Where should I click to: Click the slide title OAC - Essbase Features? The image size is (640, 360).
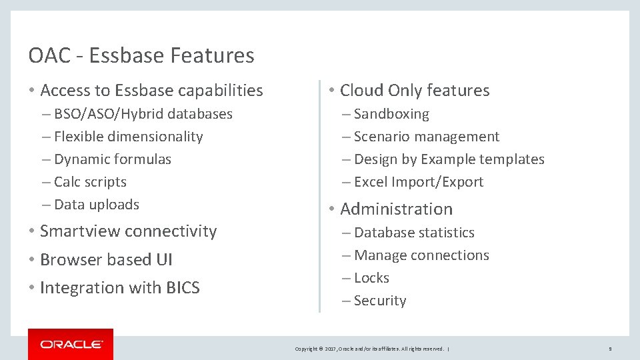coord(141,55)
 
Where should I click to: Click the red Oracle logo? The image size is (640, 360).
coord(71,344)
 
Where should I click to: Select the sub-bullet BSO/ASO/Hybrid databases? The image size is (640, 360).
coord(143,114)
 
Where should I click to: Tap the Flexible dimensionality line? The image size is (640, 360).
coord(128,137)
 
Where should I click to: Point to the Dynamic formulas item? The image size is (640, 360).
coord(112,159)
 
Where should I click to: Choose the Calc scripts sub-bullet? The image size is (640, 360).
coord(90,182)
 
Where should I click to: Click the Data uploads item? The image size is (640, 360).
coord(96,205)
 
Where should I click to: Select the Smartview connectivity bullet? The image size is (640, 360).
coord(128,231)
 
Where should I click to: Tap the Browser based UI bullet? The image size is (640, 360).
coord(106,260)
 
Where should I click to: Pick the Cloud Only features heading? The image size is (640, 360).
coord(415,91)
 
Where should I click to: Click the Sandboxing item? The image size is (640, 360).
coord(391,114)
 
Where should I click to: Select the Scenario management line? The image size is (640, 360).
coord(427,137)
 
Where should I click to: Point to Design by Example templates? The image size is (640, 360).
coord(449,159)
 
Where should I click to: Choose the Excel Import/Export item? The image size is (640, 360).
coord(419,182)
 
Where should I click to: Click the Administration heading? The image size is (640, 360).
coord(396,209)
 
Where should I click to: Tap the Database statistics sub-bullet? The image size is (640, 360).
coord(414,233)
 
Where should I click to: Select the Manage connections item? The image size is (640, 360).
coord(421,255)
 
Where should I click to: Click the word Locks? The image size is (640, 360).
coord(372,278)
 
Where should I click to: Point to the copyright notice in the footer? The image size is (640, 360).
coord(369,349)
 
